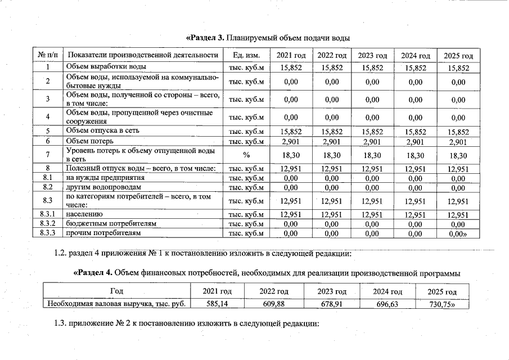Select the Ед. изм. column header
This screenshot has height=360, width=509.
(x=245, y=55)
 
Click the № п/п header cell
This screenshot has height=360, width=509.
(x=48, y=55)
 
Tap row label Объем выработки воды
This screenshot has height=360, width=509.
(x=102, y=67)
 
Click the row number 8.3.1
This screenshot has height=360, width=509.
(x=48, y=214)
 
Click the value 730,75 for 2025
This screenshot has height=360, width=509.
(x=443, y=304)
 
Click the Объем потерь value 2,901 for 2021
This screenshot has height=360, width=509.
(x=291, y=141)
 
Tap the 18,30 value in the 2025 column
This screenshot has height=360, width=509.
(x=458, y=155)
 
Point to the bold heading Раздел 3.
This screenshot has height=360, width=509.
(x=205, y=38)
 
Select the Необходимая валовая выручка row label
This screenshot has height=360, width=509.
(x=117, y=304)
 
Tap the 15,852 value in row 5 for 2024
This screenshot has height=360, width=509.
(x=415, y=131)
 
